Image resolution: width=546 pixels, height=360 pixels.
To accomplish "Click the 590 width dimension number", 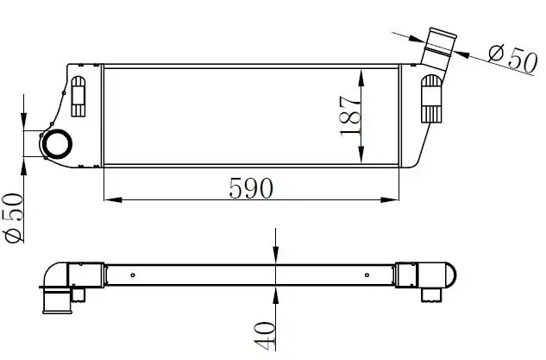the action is (x=251, y=188).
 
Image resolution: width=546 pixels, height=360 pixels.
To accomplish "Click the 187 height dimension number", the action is (x=349, y=116).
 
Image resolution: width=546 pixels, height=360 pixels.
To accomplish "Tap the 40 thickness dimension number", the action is (x=265, y=336).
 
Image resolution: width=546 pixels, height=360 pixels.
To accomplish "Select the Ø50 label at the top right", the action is (x=511, y=58).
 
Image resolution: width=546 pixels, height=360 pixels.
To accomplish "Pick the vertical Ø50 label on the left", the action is (x=15, y=218).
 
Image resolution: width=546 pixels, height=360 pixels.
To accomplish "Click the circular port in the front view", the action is (x=56, y=144).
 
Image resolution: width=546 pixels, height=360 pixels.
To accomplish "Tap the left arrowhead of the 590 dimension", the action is (x=113, y=200).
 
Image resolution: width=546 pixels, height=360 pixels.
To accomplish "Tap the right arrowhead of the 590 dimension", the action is (x=390, y=200).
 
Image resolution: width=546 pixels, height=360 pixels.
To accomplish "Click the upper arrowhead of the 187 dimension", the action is (x=361, y=78).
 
